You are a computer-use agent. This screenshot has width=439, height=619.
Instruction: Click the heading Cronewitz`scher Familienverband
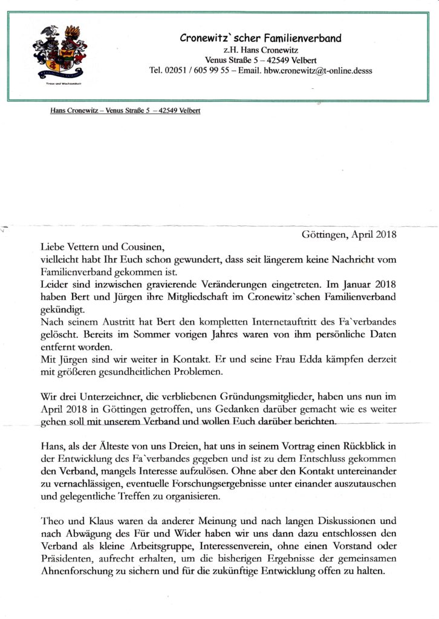[261, 38]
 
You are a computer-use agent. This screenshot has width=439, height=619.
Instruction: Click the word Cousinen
[141, 247]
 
